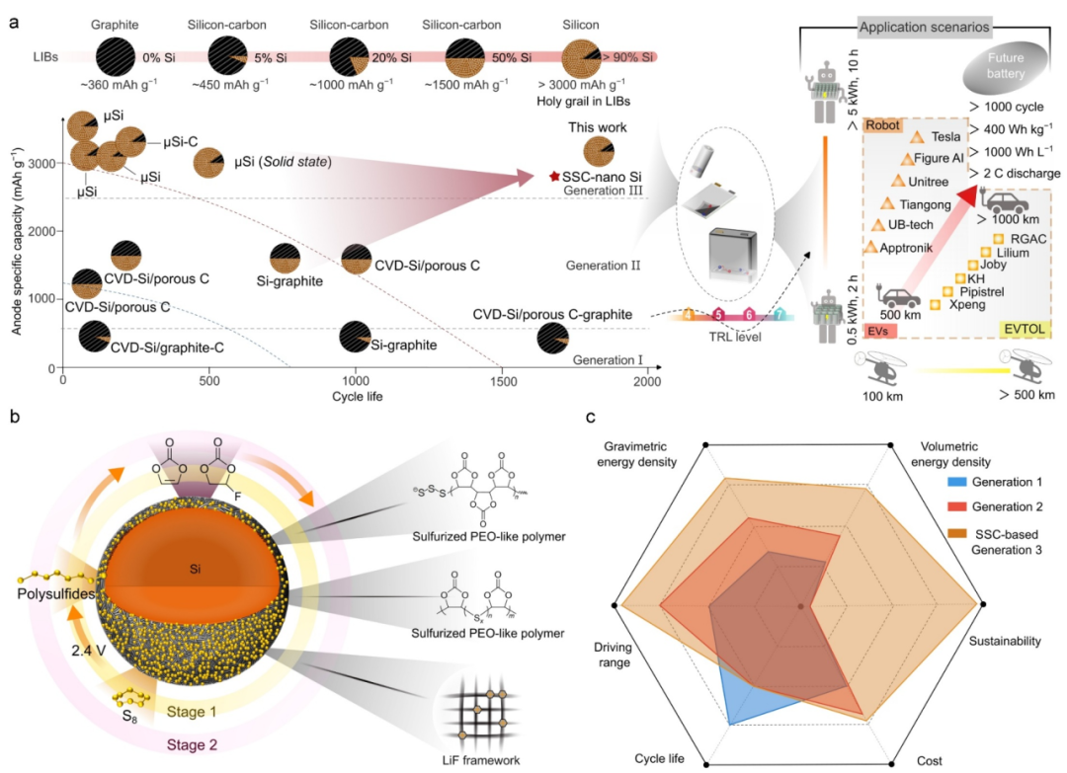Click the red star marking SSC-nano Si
(x=554, y=177)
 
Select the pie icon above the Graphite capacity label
(x=116, y=56)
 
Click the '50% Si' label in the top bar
(x=512, y=58)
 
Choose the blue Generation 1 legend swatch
(x=956, y=482)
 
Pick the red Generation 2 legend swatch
(x=956, y=506)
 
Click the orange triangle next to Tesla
(x=917, y=137)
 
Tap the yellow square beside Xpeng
(x=935, y=305)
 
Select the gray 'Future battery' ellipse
(x=1005, y=66)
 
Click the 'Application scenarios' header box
(x=924, y=28)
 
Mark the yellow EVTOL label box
(x=1025, y=329)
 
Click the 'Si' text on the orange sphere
(x=196, y=569)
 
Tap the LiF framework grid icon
(x=480, y=711)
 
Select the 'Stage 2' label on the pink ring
(x=192, y=745)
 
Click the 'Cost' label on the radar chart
(x=929, y=761)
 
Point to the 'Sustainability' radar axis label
(x=1005, y=641)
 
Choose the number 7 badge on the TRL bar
(x=780, y=315)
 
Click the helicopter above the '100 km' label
(x=880, y=367)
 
